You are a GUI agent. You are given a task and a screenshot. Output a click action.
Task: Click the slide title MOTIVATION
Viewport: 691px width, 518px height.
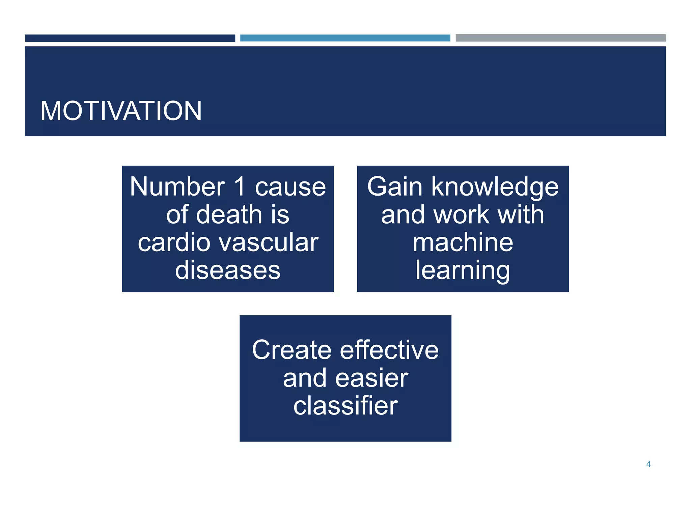121,111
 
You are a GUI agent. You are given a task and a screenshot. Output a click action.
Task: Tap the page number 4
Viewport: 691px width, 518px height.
648,464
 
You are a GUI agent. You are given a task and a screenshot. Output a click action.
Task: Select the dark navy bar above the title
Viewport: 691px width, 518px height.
130,38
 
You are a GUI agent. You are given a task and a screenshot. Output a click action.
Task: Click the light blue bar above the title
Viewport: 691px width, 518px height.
345,38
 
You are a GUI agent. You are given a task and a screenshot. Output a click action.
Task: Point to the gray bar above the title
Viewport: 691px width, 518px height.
560,38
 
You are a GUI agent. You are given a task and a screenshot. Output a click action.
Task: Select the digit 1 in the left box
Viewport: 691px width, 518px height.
240,187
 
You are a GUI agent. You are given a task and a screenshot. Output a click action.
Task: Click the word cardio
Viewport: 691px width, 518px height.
174,243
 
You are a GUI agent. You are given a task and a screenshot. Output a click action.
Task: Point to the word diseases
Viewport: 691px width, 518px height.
228,270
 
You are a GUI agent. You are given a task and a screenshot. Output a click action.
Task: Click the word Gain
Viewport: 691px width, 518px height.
394,187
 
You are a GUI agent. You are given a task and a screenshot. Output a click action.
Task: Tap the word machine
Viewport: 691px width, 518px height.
463,243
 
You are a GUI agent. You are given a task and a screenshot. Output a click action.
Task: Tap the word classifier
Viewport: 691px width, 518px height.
345,406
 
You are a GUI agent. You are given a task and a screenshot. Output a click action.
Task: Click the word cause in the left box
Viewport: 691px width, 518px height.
290,188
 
